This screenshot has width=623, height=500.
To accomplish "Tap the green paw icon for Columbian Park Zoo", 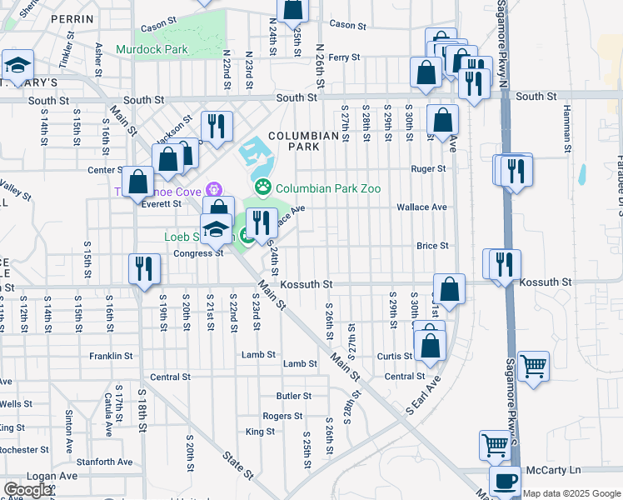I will pyautogui.click(x=264, y=188).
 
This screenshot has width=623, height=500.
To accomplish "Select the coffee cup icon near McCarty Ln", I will pyautogui.click(x=504, y=481).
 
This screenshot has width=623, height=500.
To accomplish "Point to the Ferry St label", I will pyautogui.click(x=343, y=57).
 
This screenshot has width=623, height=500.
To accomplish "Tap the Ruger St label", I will pyautogui.click(x=429, y=168).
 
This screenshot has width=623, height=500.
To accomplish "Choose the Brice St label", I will pyautogui.click(x=432, y=246).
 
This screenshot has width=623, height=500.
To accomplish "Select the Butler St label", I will pyautogui.click(x=294, y=396).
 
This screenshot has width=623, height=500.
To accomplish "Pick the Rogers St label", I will pyautogui.click(x=282, y=416).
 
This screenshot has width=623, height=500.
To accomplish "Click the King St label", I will pyautogui.click(x=260, y=432).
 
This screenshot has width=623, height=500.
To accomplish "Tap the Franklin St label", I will pyautogui.click(x=112, y=356).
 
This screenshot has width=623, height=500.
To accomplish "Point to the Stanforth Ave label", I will pyautogui.click(x=104, y=461).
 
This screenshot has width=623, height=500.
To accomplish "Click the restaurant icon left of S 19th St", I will pyautogui.click(x=143, y=268).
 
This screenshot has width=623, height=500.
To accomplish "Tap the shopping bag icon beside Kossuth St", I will pyautogui.click(x=449, y=288).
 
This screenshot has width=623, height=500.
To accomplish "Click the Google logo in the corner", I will pyautogui.click(x=27, y=490).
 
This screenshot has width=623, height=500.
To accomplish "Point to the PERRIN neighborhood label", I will pyautogui.click(x=71, y=17).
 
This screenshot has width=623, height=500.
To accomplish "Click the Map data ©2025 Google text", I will pyautogui.click(x=571, y=493).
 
